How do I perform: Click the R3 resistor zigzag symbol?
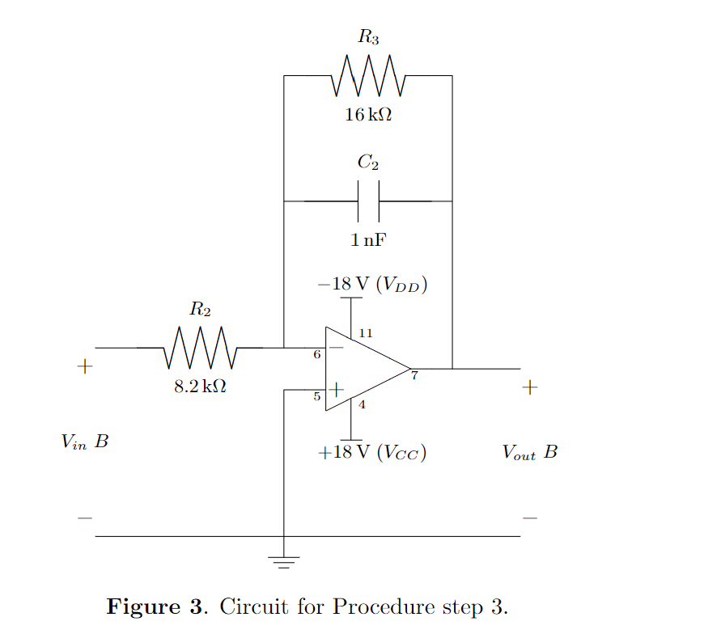tap(368, 75)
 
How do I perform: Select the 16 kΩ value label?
tap(368, 115)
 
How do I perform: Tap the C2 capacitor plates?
tap(368, 201)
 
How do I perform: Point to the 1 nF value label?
tap(368, 240)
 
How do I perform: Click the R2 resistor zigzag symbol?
tap(200, 348)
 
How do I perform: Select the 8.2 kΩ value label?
tap(200, 387)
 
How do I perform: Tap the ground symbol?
tap(284, 560)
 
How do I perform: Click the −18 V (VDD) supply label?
tap(372, 285)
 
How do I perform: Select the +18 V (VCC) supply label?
tap(372, 452)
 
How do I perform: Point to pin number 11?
tap(365, 333)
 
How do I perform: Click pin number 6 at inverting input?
tap(317, 354)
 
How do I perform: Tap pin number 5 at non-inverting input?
tap(317, 396)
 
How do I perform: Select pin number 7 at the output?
tap(413, 376)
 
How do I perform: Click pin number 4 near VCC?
tap(362, 405)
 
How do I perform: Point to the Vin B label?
tap(84, 442)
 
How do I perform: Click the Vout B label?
tap(529, 452)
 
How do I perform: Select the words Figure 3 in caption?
tap(156, 607)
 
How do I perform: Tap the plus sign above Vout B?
tap(529, 387)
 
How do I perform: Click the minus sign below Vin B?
tap(84, 518)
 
